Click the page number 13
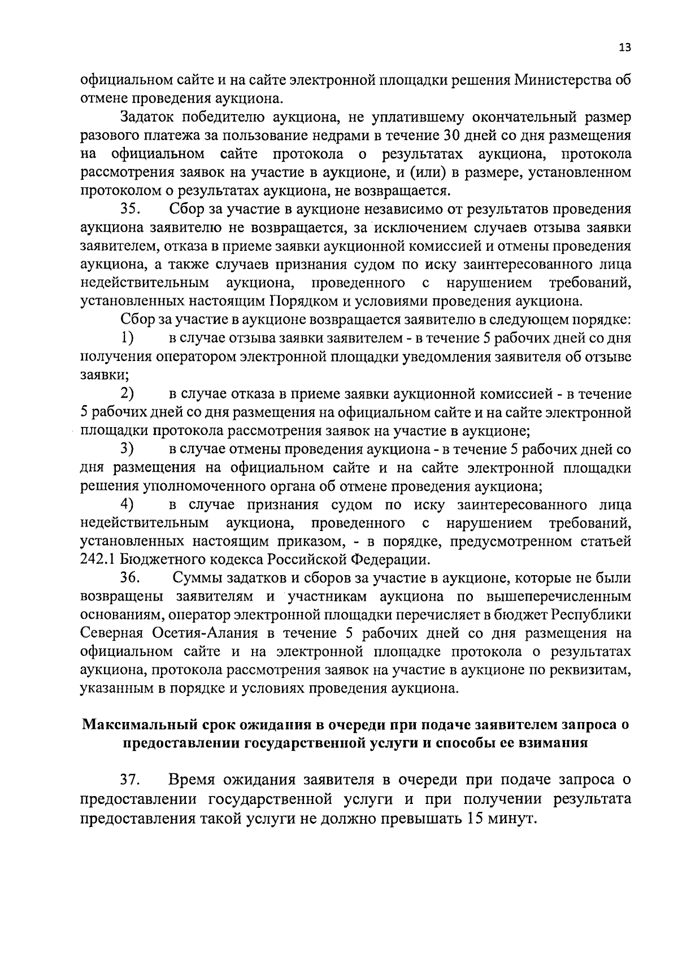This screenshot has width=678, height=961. pyautogui.click(x=624, y=48)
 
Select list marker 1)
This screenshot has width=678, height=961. pyautogui.click(x=127, y=338)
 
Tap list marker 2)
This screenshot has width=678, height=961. pyautogui.click(x=127, y=394)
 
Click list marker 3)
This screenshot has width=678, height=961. pyautogui.click(x=127, y=449)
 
